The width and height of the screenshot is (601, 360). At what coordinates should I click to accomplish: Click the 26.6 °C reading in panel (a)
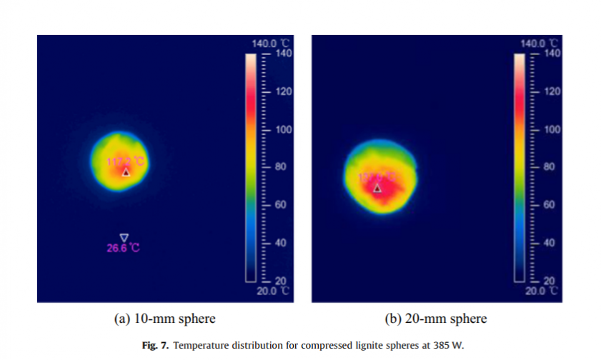tap(124, 249)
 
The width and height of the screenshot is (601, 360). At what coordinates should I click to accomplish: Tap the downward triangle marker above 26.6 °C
tap(124, 237)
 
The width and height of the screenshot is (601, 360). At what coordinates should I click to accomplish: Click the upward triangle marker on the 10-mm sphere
tap(126, 172)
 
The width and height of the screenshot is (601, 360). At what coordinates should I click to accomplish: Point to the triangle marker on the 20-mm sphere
tap(377, 189)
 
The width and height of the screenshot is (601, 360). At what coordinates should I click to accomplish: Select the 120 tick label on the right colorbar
tap(551, 91)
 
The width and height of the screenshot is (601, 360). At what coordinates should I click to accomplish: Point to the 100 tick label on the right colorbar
tap(551, 129)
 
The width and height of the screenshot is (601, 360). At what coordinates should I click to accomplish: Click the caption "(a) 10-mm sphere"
tap(165, 319)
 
